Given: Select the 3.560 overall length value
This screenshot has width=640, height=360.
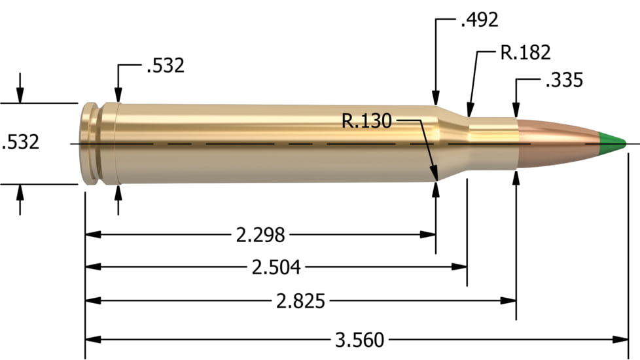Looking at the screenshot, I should [x=360, y=339].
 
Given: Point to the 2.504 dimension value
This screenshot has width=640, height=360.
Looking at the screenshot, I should [x=276, y=266].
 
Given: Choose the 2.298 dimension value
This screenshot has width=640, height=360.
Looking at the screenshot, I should [x=260, y=233].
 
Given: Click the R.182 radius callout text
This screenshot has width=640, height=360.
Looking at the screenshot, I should [x=525, y=52].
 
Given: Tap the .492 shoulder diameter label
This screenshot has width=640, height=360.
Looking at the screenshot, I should [x=479, y=20].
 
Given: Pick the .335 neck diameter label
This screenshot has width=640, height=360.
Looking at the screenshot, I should [x=563, y=81].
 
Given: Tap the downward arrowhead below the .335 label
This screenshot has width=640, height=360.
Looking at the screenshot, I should [x=516, y=111].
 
